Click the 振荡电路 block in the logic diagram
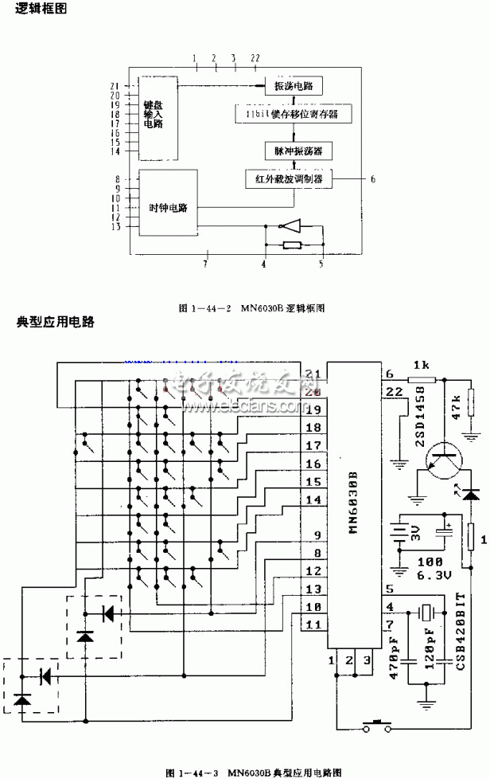pos(294,86)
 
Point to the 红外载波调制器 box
pos(289,180)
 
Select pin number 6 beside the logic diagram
pos(373,179)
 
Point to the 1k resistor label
pos(419,362)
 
